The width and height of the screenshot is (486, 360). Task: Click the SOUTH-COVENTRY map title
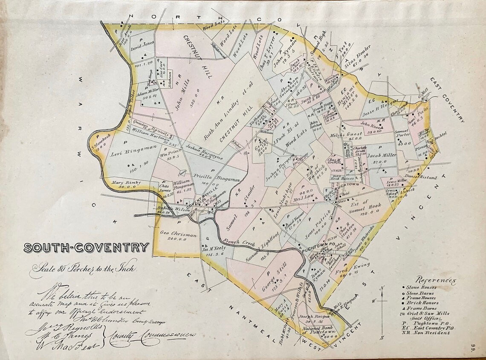pyautogui.click(x=87, y=248)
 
